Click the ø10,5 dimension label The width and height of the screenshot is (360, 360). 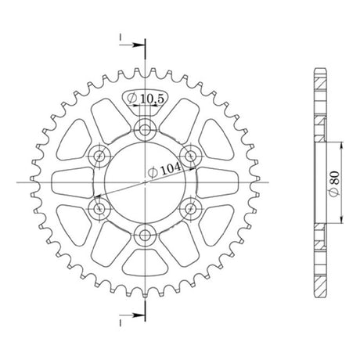coord(145,99)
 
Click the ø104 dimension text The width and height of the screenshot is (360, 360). coord(164,170)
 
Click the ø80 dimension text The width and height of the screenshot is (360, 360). coord(334,183)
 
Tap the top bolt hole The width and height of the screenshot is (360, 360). coord(145,129)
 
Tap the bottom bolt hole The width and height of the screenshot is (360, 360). coord(145,236)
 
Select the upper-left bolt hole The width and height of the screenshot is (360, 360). coord(99,157)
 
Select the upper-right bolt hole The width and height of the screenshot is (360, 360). coord(191,156)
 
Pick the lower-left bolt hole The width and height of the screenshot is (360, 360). coord(99,208)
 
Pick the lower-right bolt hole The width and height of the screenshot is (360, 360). coord(191,208)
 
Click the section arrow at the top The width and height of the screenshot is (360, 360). coord(131,45)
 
